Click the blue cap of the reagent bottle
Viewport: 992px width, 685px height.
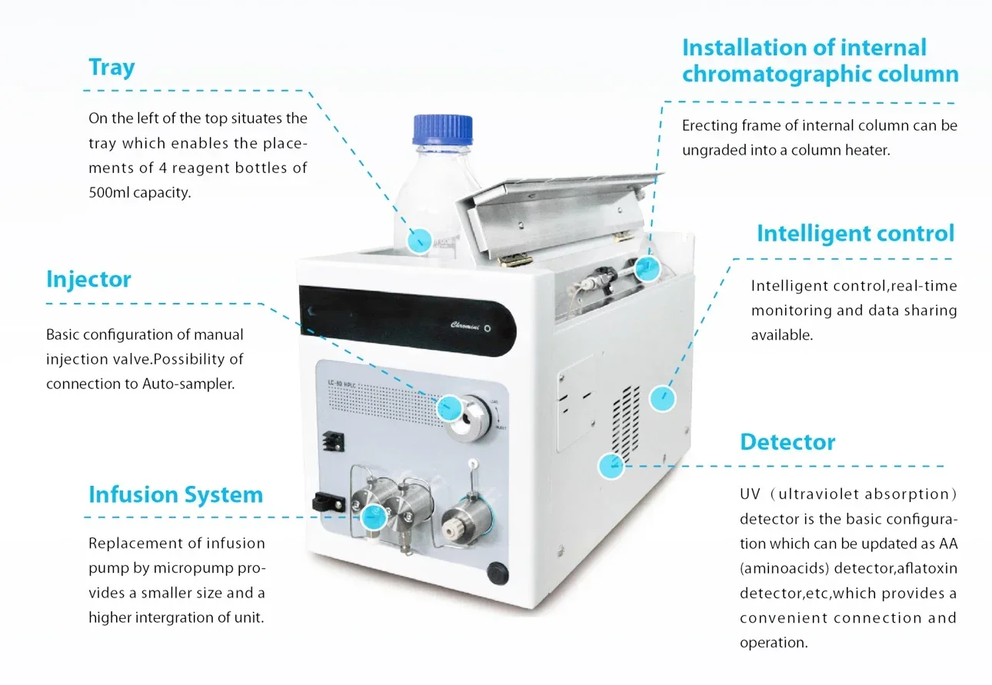click(442, 129)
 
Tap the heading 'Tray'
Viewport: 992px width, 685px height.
click(112, 67)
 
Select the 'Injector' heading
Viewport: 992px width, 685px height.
click(88, 278)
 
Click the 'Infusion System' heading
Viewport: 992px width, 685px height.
click(175, 494)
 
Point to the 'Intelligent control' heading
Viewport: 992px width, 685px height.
click(855, 233)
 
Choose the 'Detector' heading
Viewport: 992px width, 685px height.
click(787, 442)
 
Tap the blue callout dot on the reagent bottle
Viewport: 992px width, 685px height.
click(419, 241)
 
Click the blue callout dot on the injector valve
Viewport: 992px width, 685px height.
click(448, 407)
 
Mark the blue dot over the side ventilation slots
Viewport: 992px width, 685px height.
click(661, 398)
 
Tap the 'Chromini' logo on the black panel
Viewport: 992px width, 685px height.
click(466, 325)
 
